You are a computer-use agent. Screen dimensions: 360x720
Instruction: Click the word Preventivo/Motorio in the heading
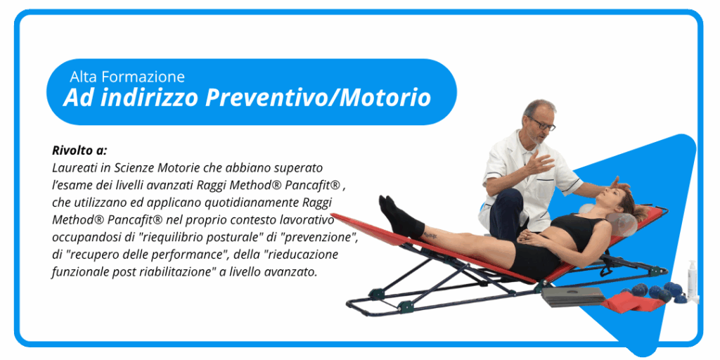click(x=318, y=98)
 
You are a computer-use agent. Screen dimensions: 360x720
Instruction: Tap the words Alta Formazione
click(x=127, y=77)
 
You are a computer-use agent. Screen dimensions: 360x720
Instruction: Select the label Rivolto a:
click(x=79, y=150)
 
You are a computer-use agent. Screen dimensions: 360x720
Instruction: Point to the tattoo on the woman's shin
click(x=430, y=235)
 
